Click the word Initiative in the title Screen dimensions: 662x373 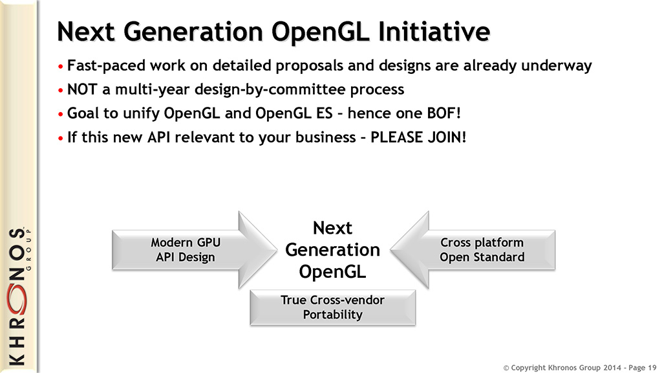434,32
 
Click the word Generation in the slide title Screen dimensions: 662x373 193,32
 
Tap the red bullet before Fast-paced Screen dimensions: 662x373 60,67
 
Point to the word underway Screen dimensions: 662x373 557,65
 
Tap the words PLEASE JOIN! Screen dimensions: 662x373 418,137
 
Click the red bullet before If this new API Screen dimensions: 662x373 60,139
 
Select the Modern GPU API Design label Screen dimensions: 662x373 186,249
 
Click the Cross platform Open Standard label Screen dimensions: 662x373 482,249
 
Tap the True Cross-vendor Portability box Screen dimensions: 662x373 333,308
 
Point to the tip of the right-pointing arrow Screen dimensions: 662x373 277,250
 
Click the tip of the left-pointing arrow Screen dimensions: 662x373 390,250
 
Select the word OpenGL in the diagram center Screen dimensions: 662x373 333,271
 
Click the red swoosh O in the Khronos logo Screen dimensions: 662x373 17,299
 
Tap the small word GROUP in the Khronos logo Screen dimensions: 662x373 28,249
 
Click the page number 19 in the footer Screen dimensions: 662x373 652,368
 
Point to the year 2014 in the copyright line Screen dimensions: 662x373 612,368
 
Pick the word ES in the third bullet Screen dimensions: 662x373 325,113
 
